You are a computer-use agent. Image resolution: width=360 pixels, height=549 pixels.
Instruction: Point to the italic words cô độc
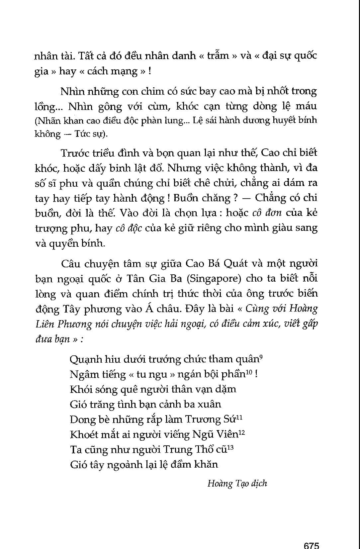[x=129, y=228]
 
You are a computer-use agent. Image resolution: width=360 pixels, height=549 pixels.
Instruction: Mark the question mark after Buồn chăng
[x=235, y=198]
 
